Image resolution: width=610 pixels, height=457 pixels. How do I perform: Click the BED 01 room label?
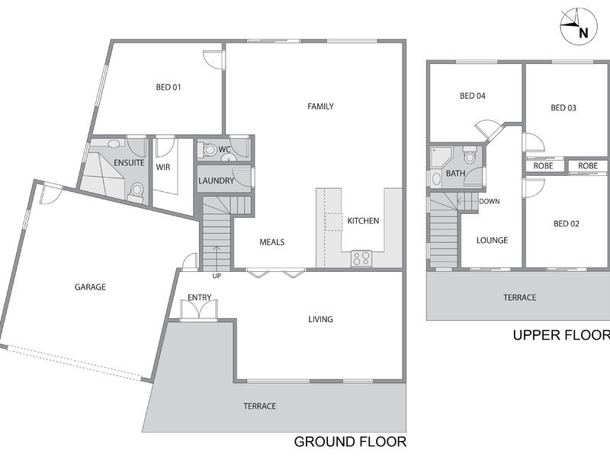[x=169, y=87]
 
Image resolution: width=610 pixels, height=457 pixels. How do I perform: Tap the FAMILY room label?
[x=320, y=106]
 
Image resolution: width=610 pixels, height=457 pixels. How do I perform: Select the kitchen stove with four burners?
[x=361, y=259]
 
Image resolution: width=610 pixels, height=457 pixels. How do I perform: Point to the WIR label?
[x=163, y=167]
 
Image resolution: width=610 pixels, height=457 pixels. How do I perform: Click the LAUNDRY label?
[x=216, y=181]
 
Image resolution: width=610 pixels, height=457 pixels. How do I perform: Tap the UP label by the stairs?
[x=217, y=276]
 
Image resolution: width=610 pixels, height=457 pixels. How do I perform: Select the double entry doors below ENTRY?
[x=200, y=310]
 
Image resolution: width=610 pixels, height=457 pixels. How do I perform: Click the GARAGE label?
[x=90, y=287]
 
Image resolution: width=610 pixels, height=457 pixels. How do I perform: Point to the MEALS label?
[x=272, y=242]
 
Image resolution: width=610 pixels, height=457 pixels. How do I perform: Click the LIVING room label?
[x=320, y=319]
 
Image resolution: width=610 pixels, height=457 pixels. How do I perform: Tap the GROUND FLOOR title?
[x=350, y=442]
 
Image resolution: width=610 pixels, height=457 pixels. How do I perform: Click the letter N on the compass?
[x=583, y=34]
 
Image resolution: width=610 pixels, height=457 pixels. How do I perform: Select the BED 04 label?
[x=473, y=96]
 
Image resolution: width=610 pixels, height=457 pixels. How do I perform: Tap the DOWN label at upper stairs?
[x=490, y=201]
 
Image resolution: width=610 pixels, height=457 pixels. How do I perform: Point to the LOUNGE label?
[x=492, y=240]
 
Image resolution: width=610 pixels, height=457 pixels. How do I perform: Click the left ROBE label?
[x=543, y=166]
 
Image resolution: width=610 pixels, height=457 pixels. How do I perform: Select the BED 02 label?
[x=567, y=223]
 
